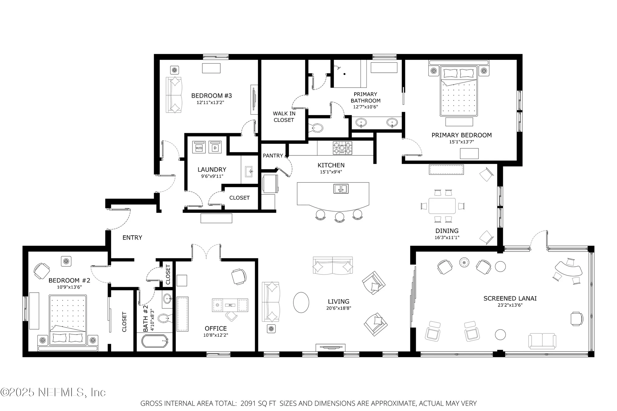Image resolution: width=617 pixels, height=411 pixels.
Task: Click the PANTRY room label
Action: pyautogui.click(x=273, y=156)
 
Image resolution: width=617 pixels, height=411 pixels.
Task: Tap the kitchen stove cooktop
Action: pyautogui.click(x=342, y=148)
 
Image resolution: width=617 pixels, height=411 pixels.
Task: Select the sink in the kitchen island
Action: pyautogui.click(x=341, y=189)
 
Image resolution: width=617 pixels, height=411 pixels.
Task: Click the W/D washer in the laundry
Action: pyautogui.click(x=199, y=148)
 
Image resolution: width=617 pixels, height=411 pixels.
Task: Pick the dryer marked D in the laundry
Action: pyautogui.click(x=215, y=148)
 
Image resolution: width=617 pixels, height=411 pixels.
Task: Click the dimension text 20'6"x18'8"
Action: pyautogui.click(x=338, y=308)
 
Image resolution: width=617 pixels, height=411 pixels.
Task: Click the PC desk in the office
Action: pyautogui.click(x=230, y=305)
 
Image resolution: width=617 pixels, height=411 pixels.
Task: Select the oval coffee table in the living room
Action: pyautogui.click(x=301, y=302)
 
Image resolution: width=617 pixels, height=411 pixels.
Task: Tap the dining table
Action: pyautogui.click(x=442, y=206)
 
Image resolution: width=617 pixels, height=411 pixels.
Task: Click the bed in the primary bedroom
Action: pyautogui.click(x=459, y=92)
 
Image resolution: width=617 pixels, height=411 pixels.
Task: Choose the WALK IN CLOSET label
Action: pyautogui.click(x=284, y=117)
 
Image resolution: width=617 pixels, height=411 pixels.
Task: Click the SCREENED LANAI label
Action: pyautogui.click(x=510, y=298)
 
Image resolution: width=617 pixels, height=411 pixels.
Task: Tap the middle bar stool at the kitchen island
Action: pyautogui.click(x=339, y=216)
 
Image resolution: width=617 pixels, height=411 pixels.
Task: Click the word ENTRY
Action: pyautogui.click(x=132, y=238)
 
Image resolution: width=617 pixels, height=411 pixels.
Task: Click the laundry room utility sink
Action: pyautogui.click(x=249, y=171)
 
